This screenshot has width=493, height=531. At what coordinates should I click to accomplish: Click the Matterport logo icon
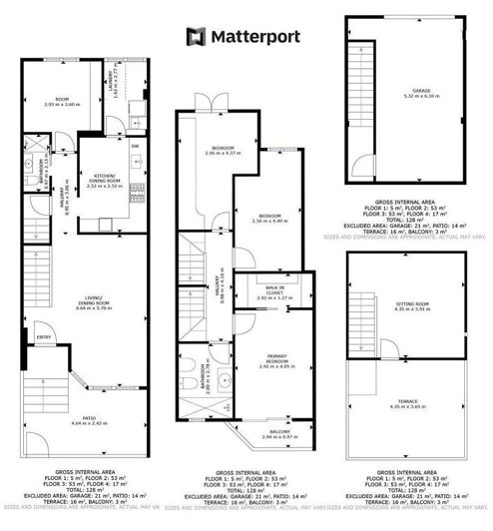[194, 37]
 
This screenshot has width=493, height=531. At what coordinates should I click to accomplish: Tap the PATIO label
[76, 418]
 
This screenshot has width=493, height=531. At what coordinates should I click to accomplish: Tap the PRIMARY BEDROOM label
[265, 362]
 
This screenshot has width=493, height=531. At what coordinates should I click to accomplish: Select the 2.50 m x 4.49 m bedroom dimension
[266, 221]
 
